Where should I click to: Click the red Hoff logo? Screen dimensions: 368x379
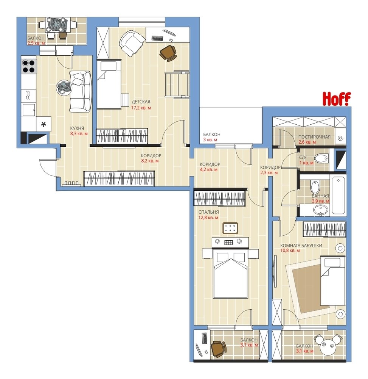click(x=337, y=99)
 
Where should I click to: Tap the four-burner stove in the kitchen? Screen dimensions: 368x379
click(x=29, y=66)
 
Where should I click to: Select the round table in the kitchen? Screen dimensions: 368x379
click(x=64, y=88)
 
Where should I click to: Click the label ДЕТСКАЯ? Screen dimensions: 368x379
click(x=141, y=102)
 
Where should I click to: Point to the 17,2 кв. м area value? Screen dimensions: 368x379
click(x=141, y=108)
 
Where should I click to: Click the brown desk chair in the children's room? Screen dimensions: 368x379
click(x=168, y=53)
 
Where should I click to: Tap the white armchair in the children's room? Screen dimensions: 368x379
click(x=132, y=43)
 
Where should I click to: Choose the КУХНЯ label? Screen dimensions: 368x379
click(x=77, y=128)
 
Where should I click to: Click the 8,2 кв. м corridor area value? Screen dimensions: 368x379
click(x=150, y=161)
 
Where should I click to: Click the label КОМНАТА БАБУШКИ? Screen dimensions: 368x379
click(x=301, y=246)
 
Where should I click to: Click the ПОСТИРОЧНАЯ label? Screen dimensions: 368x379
click(x=314, y=137)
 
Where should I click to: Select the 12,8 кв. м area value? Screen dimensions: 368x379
click(x=208, y=218)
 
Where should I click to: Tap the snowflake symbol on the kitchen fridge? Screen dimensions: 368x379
click(x=43, y=125)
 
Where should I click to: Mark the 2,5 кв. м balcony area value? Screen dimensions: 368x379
click(x=36, y=43)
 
